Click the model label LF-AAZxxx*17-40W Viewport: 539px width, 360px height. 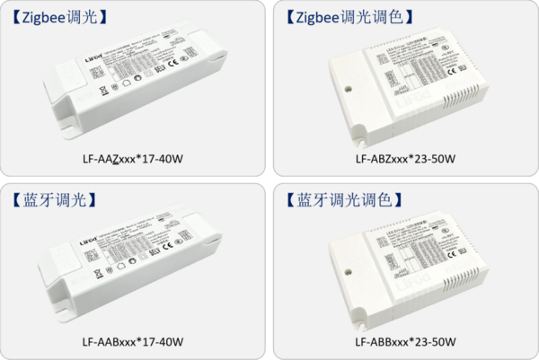coord(132,159)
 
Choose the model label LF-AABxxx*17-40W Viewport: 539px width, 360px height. coord(132,341)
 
